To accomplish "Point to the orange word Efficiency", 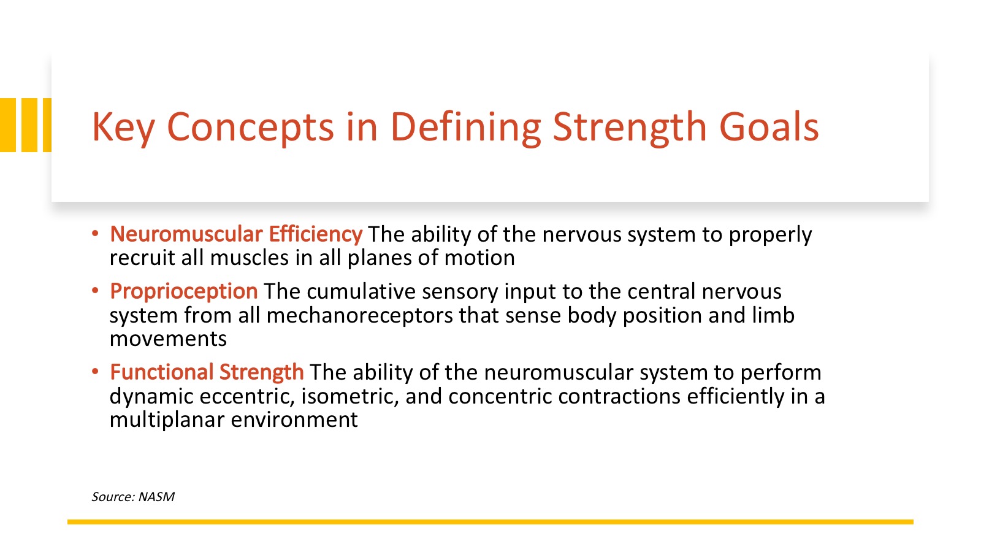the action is pyautogui.click(x=315, y=234).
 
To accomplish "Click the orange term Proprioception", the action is pyautogui.click(x=183, y=292).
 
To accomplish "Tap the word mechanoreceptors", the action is pyautogui.click(x=359, y=315).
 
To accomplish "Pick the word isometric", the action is pyautogui.click(x=349, y=396).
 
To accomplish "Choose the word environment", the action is pyautogui.click(x=294, y=420).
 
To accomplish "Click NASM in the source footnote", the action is pyautogui.click(x=156, y=497).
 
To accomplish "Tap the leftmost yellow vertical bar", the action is pyautogui.click(x=8, y=125).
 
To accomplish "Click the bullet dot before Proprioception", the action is pyautogui.click(x=95, y=291).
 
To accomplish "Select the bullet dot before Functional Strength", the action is pyautogui.click(x=95, y=372).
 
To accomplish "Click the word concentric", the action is pyautogui.click(x=500, y=396).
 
